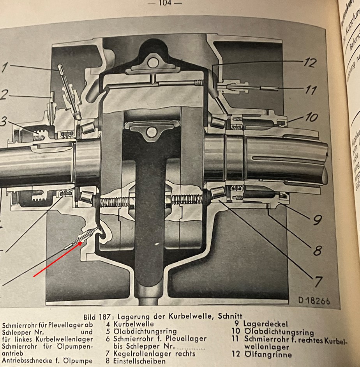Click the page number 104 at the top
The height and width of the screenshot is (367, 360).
[164, 4]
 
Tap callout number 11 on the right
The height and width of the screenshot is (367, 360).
[311, 90]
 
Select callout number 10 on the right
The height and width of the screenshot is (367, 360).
[311, 117]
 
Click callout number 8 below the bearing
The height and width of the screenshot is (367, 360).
[317, 250]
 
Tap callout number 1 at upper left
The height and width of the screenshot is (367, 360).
[4, 68]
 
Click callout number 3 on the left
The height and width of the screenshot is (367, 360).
[3, 122]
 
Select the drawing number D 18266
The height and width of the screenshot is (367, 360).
[314, 301]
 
